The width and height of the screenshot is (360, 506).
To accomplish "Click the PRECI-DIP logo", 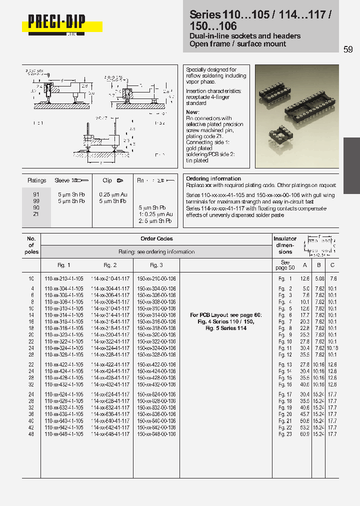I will click(56, 23).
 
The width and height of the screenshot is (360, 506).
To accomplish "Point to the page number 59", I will click(348, 49).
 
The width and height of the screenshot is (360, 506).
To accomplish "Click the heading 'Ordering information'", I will click(213, 178).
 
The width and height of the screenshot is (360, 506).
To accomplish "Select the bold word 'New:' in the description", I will click(192, 112).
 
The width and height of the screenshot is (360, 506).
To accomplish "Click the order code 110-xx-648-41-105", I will click(64, 434).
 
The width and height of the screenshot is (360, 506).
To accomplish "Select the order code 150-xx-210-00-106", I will click(156, 278).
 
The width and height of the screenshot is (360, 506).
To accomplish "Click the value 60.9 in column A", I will click(304, 434).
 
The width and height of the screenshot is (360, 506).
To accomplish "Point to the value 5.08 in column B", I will click(319, 278).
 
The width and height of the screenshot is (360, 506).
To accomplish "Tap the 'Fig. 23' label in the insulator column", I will click(285, 434).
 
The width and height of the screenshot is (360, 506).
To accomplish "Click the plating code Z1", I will click(36, 214).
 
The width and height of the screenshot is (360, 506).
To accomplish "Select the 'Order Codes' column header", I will click(156, 239).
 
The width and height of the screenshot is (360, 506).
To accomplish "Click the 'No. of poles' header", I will click(31, 245).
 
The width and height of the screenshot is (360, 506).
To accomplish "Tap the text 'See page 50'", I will click(285, 265).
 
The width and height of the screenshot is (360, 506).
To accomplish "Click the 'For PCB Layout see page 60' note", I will click(225, 315).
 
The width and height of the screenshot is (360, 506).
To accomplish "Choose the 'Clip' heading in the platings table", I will click(107, 180).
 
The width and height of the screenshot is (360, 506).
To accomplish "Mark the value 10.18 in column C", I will click(333, 348).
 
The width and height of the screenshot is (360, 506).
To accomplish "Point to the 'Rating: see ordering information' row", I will click(156, 251).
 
